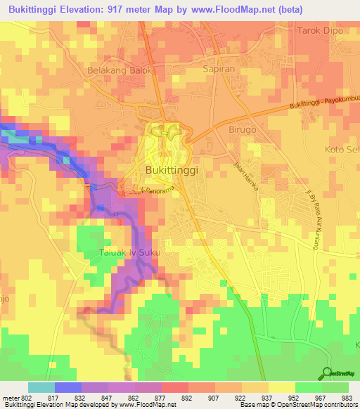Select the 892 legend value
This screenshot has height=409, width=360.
(x=188, y=397)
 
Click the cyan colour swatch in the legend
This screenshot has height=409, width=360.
(x=41, y=387)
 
